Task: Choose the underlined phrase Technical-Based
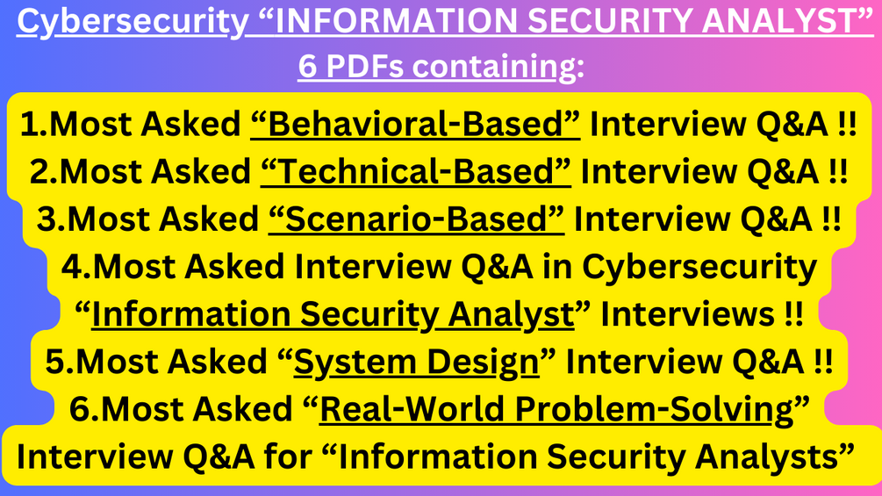(416, 173)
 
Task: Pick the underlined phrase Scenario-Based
(416, 220)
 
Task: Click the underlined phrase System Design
(416, 362)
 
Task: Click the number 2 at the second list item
(39, 173)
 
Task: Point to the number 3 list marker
(47, 220)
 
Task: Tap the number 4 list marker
(72, 267)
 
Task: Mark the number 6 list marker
(80, 409)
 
